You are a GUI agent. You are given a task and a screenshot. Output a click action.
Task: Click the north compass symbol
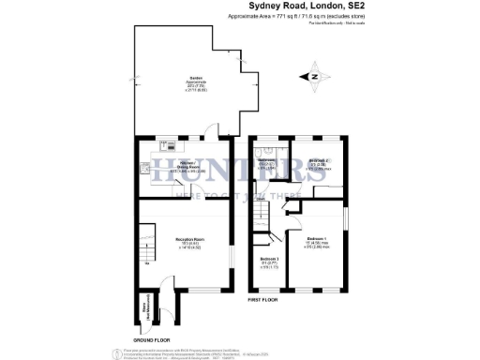(x=315, y=76)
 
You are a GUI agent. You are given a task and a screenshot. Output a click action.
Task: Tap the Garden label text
(x=197, y=81)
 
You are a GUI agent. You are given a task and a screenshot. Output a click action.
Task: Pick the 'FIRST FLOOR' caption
(x=267, y=300)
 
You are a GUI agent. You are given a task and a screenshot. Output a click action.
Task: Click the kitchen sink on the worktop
(x=171, y=146)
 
